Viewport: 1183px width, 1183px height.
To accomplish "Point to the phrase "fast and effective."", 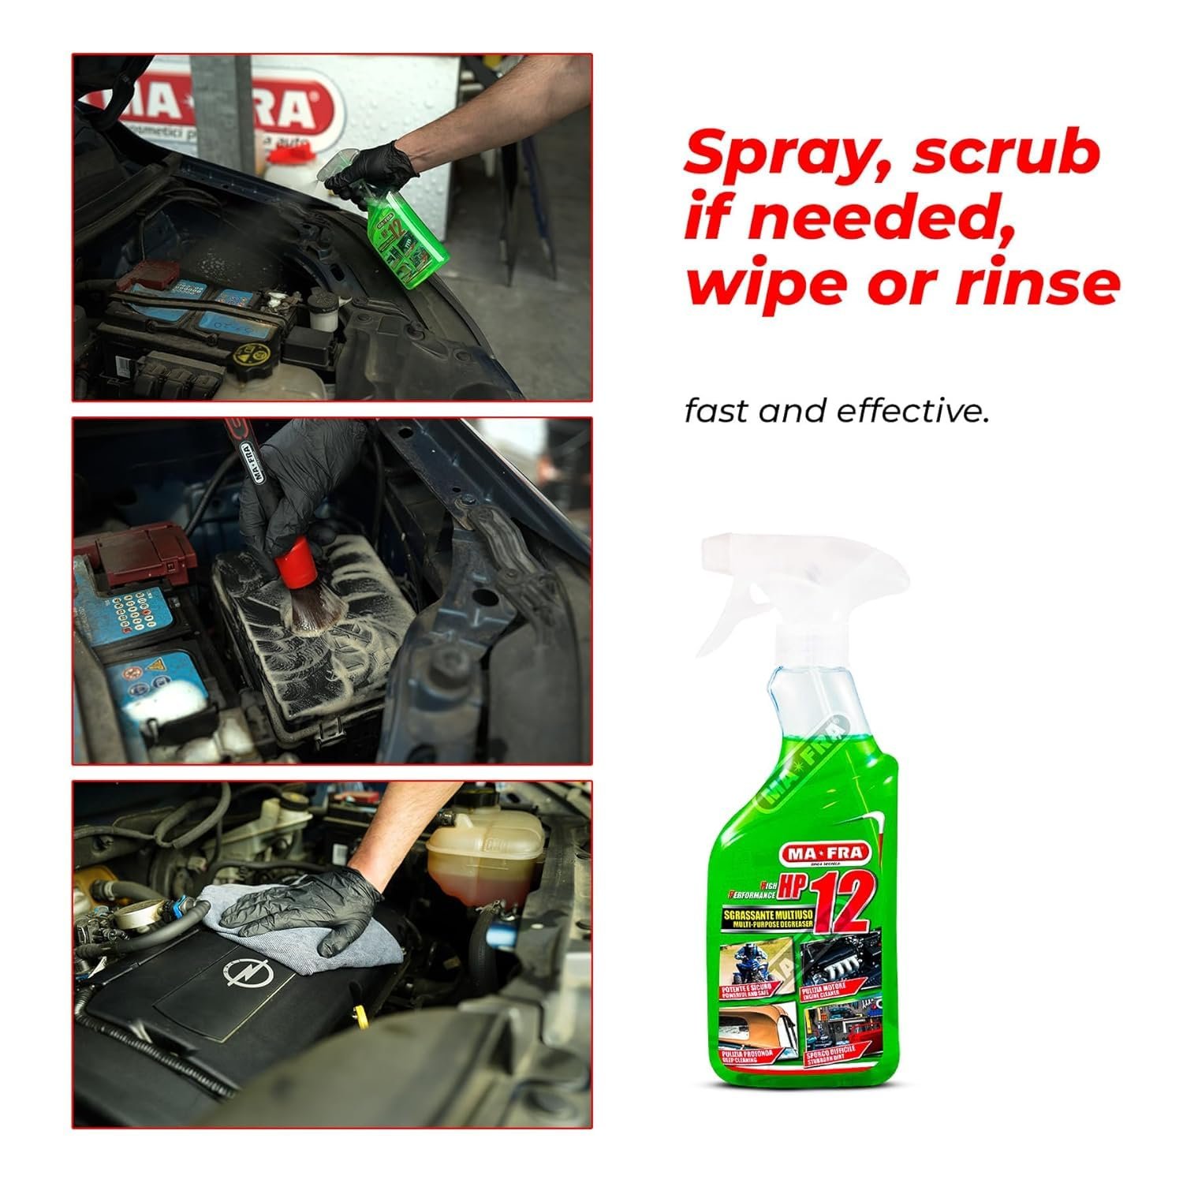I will pos(836,412).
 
